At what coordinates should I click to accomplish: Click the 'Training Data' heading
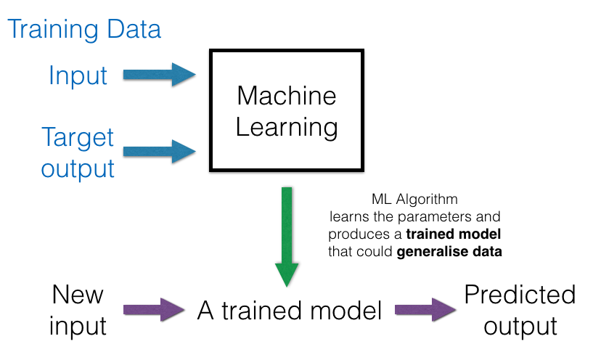(84, 30)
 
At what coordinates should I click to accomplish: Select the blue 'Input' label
(78, 75)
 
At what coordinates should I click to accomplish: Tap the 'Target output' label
(78, 152)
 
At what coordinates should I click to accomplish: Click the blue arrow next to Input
(160, 74)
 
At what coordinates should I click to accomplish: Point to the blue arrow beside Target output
(160, 152)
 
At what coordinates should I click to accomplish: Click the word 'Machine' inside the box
(287, 96)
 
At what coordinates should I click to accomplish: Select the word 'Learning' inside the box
(287, 128)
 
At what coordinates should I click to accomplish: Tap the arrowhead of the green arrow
(287, 272)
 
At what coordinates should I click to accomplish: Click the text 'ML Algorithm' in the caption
(414, 199)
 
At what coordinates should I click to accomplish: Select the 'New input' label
(78, 311)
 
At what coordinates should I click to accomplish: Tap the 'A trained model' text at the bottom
(289, 311)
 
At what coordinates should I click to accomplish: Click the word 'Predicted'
(520, 295)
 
